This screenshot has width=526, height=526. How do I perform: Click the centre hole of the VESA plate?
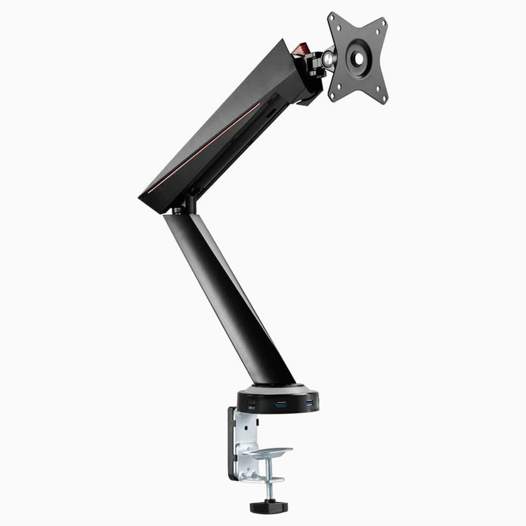pyautogui.click(x=358, y=58)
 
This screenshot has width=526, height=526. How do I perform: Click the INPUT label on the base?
pyautogui.click(x=251, y=407)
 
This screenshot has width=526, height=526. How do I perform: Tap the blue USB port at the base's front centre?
pyautogui.click(x=281, y=405)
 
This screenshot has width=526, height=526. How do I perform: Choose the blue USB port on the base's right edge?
pyautogui.click(x=309, y=403)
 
